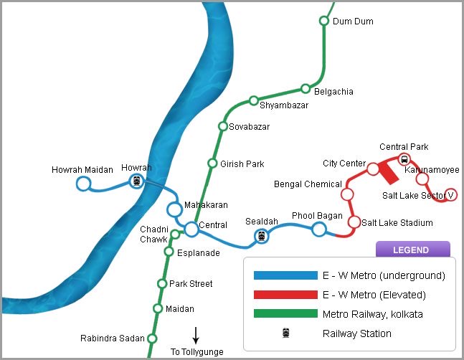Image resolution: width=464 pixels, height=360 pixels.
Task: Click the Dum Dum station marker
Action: pyautogui.click(x=323, y=21)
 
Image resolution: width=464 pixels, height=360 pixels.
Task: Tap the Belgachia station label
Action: pyautogui.click(x=335, y=92)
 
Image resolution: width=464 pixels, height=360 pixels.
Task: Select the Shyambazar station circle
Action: pyautogui.click(x=253, y=100)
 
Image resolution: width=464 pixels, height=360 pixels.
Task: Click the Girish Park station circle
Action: pyautogui.click(x=212, y=164)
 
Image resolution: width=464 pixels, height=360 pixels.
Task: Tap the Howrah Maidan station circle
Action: pyautogui.click(x=83, y=184)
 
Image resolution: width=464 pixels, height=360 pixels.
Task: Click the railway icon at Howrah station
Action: pyautogui.click(x=136, y=181)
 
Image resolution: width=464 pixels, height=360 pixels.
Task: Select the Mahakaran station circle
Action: pyautogui.click(x=174, y=209)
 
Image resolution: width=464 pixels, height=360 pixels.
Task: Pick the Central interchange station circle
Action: pyautogui.click(x=191, y=229)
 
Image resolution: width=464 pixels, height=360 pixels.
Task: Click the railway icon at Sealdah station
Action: pyautogui.click(x=262, y=236)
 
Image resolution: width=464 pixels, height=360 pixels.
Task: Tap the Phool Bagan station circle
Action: pyautogui.click(x=319, y=229)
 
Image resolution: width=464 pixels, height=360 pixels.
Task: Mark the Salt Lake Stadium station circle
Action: pyautogui.click(x=354, y=222)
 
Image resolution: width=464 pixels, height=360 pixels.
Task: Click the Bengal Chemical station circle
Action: pyautogui.click(x=348, y=194)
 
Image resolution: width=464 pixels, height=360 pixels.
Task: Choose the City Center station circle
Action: pyautogui.click(x=373, y=169)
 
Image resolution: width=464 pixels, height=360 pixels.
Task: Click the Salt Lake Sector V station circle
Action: pyautogui.click(x=451, y=194)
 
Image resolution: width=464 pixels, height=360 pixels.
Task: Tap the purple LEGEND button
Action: pyautogui.click(x=412, y=250)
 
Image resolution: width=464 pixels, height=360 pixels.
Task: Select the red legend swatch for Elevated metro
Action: pyautogui.click(x=285, y=295)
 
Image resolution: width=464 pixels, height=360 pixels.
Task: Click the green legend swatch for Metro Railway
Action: pyautogui.click(x=285, y=313)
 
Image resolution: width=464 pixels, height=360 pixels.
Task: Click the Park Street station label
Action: pyautogui.click(x=191, y=284)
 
